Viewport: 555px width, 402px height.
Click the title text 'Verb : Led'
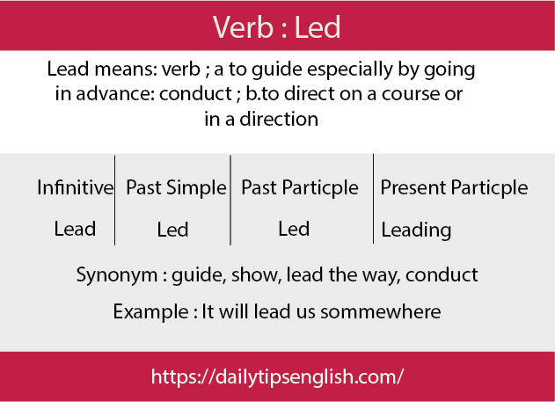(x=276, y=27)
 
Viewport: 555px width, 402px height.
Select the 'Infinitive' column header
(x=76, y=187)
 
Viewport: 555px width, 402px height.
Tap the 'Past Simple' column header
(x=176, y=187)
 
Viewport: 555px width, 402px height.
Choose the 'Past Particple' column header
(x=299, y=187)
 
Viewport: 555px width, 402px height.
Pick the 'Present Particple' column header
(x=454, y=187)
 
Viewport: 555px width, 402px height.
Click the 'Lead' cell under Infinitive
(x=75, y=229)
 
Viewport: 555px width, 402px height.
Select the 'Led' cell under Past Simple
(x=172, y=230)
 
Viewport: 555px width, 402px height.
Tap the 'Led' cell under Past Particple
(x=294, y=229)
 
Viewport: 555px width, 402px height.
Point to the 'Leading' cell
(x=416, y=230)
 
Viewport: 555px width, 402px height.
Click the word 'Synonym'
(x=117, y=275)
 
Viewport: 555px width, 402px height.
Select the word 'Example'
(x=150, y=312)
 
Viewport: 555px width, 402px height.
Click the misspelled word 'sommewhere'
(x=381, y=311)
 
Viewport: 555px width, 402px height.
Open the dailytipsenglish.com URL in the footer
(x=277, y=376)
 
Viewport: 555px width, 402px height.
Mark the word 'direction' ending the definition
(x=279, y=119)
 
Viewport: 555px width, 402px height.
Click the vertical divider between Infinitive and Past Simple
(x=114, y=200)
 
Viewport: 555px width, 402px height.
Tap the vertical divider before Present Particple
(x=373, y=199)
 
